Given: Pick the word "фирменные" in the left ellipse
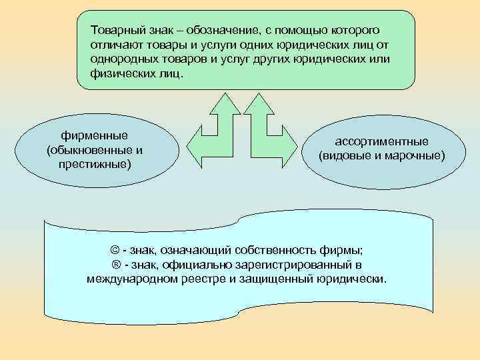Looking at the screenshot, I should coord(94,135).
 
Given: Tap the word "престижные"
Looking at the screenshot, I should coord(93,163).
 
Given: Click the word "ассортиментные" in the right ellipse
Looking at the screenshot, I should coord(381,142).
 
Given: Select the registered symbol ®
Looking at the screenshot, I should coord(115,265).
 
